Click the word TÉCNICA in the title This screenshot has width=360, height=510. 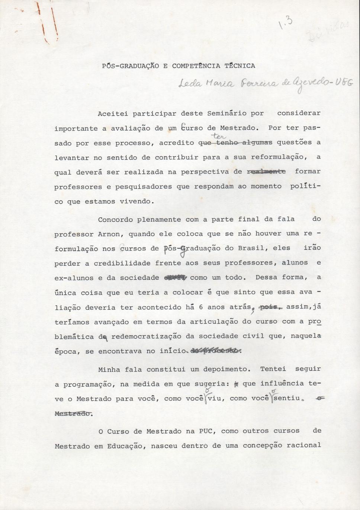click(240, 66)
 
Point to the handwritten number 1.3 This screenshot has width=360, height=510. click(285, 24)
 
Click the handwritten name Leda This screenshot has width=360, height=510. click(190, 84)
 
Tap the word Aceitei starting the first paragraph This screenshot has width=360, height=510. click(113, 114)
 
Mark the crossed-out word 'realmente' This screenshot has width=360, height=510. click(266, 172)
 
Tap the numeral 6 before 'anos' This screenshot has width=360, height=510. click(201, 307)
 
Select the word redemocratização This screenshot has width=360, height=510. click(146, 336)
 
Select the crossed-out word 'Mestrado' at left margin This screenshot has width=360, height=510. click(73, 414)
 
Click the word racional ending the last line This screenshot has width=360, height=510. click(303, 445)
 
